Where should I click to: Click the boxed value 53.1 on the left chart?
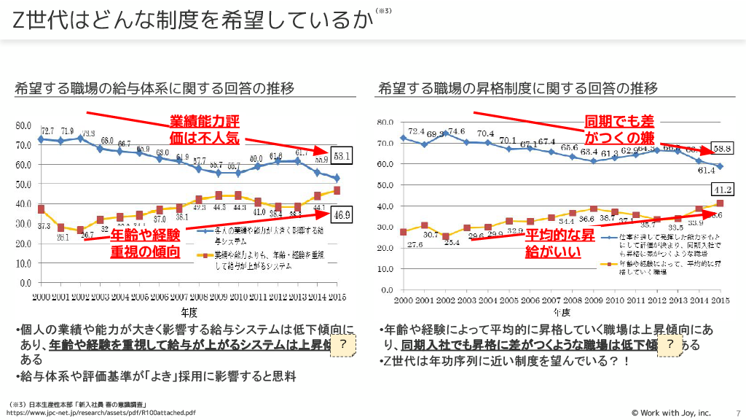342,155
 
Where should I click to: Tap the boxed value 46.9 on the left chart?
342,214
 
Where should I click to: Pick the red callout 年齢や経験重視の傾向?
145,244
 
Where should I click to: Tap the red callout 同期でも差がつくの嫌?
619,128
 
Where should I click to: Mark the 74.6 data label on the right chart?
455,132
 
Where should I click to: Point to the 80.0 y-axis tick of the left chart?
24,125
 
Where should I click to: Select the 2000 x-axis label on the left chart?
42,298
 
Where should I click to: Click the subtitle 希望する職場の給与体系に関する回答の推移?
154,88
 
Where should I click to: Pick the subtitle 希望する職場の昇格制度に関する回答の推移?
517,88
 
